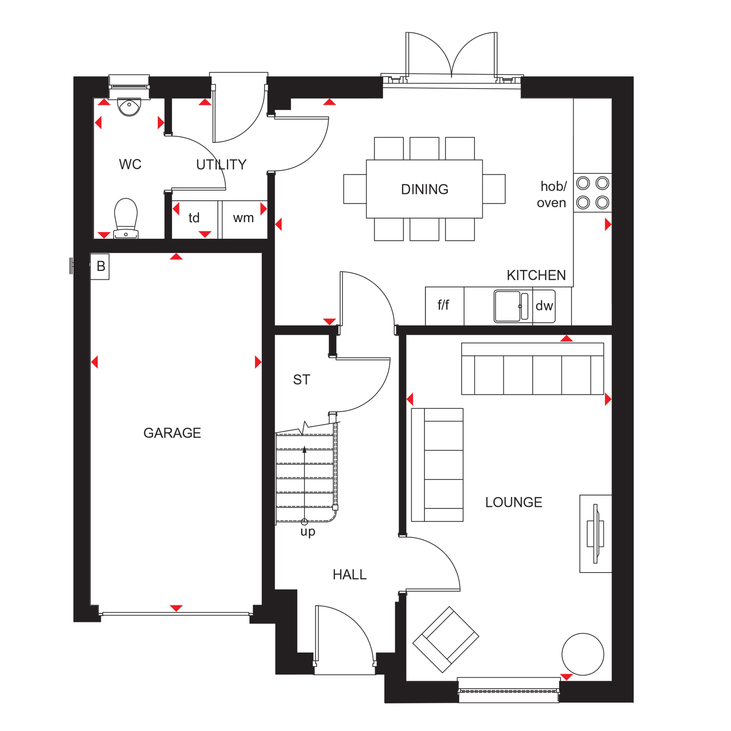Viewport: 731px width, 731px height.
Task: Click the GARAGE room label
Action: (172, 433)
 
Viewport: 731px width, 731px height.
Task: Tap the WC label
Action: (130, 164)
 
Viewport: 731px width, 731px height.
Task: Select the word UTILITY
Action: (221, 165)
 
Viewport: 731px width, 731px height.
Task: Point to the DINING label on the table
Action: (424, 189)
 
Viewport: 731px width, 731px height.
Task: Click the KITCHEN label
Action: (536, 275)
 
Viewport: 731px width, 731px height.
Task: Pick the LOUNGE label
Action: (514, 502)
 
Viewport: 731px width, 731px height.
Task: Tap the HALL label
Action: (349, 575)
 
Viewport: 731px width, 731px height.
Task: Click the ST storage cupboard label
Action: (302, 380)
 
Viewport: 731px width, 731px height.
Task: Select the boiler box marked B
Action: (100, 267)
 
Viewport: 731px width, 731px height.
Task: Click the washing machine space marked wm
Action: (243, 218)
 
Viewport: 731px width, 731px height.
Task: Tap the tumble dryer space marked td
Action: (194, 218)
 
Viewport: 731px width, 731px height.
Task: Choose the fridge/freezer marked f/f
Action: (443, 305)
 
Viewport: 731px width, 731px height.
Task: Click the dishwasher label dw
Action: (544, 306)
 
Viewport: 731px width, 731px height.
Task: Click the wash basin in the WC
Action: (129, 107)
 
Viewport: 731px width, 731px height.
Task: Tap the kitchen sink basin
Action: (507, 306)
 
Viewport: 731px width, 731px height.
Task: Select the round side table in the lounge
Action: (582, 654)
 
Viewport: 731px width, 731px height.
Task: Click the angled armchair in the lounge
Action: (446, 639)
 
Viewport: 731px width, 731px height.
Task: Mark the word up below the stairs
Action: (308, 532)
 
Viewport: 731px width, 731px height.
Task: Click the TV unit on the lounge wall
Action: (596, 533)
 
